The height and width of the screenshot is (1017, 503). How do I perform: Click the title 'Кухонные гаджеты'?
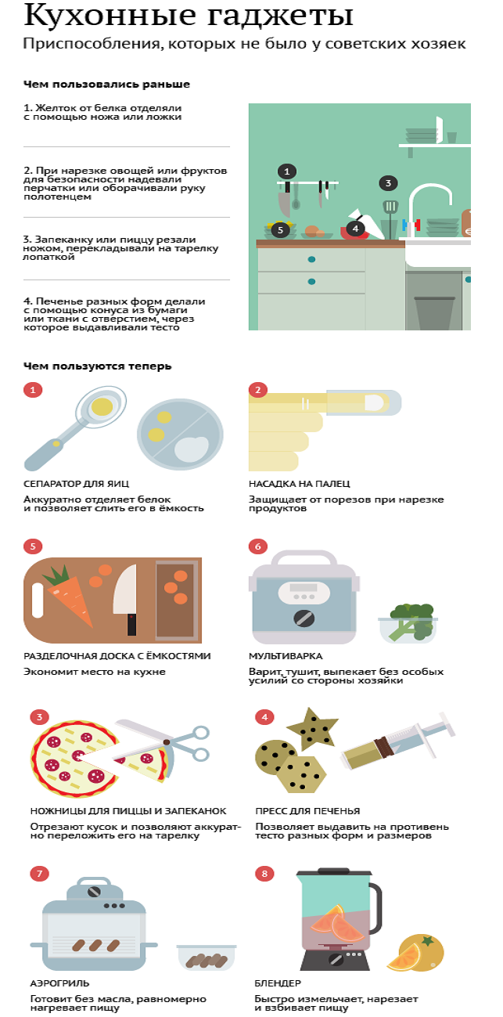pyautogui.click(x=189, y=15)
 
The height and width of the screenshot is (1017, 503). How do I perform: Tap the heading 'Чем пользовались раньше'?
pyautogui.click(x=106, y=85)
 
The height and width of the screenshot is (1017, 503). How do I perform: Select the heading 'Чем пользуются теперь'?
pyautogui.click(x=98, y=366)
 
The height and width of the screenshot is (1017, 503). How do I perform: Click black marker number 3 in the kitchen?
pyautogui.click(x=388, y=183)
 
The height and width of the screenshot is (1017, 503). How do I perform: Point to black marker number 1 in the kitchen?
pyautogui.click(x=286, y=171)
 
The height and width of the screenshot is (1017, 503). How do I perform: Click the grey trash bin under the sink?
pyautogui.click(x=434, y=313)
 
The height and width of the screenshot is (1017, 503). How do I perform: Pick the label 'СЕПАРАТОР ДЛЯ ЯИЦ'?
pyautogui.click(x=76, y=484)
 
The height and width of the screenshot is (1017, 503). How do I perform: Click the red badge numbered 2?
pyautogui.click(x=258, y=390)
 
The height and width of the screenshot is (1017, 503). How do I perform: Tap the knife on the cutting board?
pyautogui.click(x=127, y=599)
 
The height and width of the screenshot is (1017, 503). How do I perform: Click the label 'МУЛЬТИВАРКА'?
pyautogui.click(x=286, y=656)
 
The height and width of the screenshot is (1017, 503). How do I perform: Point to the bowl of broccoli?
pyautogui.click(x=408, y=623)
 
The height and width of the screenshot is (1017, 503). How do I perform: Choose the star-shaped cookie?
pyautogui.click(x=312, y=729)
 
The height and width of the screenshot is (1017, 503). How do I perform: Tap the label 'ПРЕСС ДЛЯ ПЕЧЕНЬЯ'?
pyautogui.click(x=307, y=811)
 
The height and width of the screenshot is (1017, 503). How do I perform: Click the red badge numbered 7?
pyautogui.click(x=39, y=874)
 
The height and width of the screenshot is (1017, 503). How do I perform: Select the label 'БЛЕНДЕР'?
pyautogui.click(x=278, y=983)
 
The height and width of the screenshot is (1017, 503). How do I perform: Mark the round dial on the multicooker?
pyautogui.click(x=304, y=618)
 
